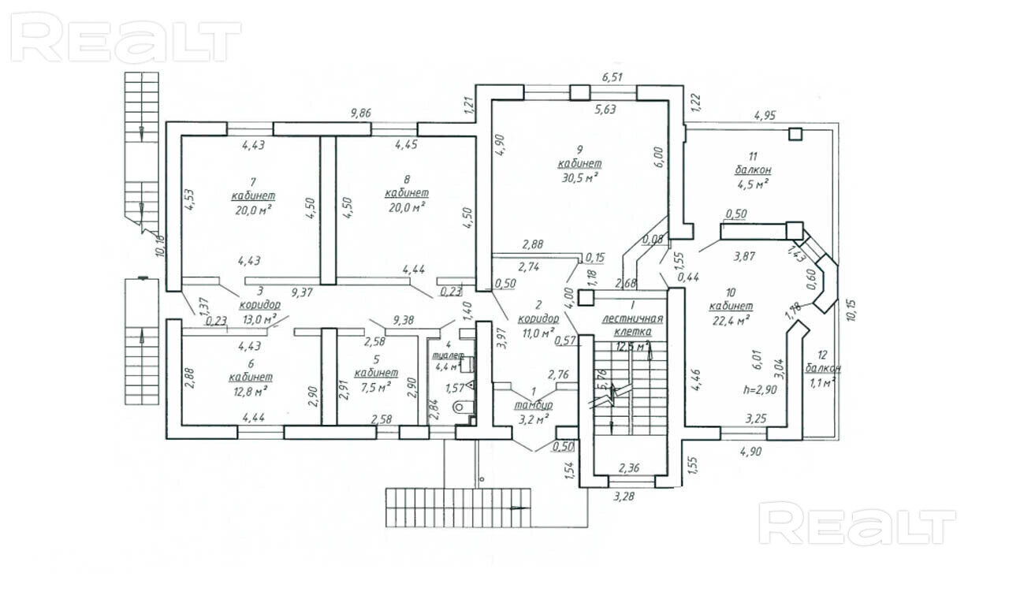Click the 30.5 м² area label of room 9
pos(579,177)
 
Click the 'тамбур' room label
pos(534,404)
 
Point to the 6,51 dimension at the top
pos(612,77)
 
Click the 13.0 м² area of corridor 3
pos(259,319)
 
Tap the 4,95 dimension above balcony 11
pos(765,116)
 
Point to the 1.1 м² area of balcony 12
pos(823,382)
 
